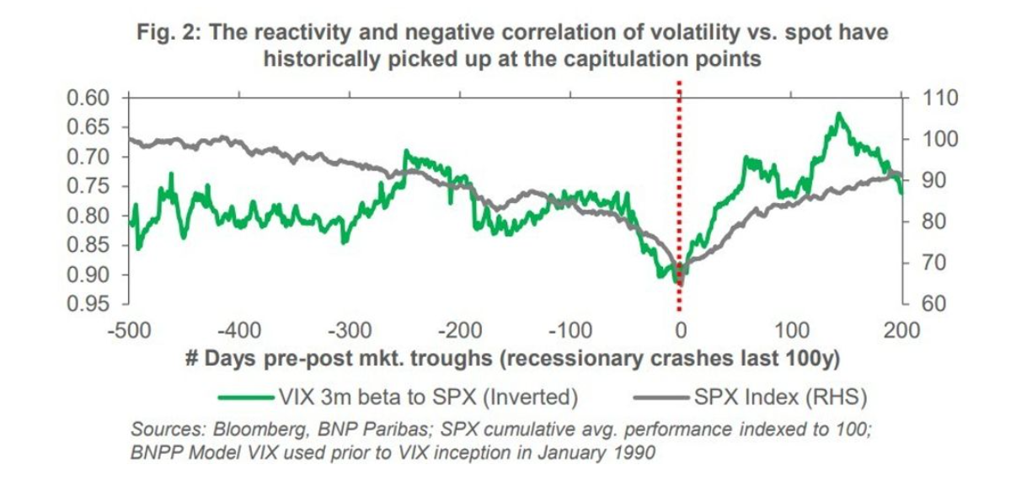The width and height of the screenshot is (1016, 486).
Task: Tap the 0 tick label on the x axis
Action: (x=681, y=328)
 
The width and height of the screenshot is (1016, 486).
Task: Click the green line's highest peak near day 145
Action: (x=838, y=114)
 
